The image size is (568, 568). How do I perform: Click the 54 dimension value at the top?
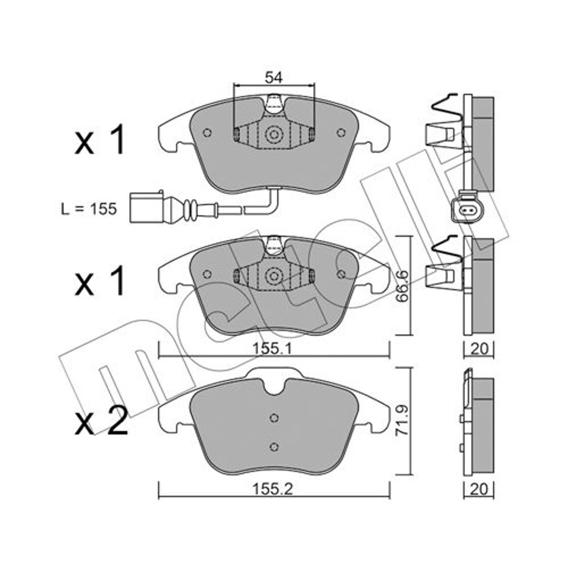click(x=273, y=78)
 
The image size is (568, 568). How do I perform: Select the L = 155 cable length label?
click(x=89, y=209)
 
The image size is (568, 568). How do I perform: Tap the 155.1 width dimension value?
click(x=272, y=349)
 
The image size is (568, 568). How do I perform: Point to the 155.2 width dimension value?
click(x=272, y=490)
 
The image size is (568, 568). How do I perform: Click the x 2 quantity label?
click(x=101, y=421)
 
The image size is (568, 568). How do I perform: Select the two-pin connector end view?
click(x=465, y=209)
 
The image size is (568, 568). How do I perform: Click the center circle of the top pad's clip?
click(x=274, y=135)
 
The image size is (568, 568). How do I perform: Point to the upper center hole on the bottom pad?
click(x=274, y=418)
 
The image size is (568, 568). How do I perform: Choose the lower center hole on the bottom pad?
click(x=274, y=447)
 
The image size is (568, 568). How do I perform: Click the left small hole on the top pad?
click(x=207, y=133)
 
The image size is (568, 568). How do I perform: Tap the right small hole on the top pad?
click(x=341, y=133)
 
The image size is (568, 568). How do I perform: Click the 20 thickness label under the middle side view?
click(x=479, y=349)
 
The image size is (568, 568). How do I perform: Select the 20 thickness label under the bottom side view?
click(x=479, y=490)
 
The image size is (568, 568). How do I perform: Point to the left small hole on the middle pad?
click(x=207, y=274)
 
